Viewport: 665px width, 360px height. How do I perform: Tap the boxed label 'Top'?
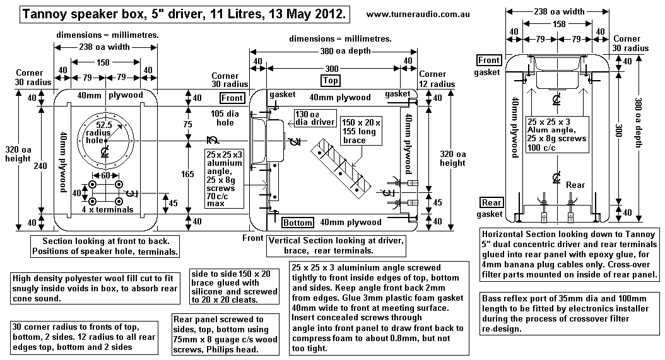330,81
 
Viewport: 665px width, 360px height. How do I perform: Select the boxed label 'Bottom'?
297,223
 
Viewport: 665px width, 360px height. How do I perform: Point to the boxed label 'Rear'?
491,202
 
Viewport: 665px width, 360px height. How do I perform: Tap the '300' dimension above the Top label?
330,67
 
